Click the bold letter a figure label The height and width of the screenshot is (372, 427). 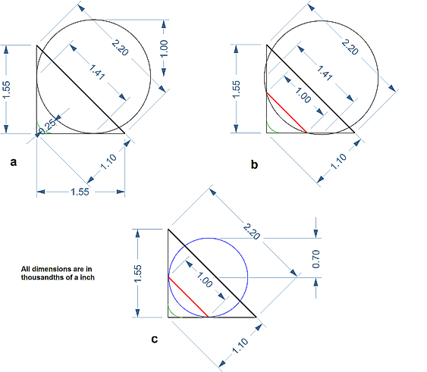point(14,162)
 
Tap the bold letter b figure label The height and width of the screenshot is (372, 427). point(254,164)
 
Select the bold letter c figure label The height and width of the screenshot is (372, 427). point(155,339)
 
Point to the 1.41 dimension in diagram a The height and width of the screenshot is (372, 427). point(97,72)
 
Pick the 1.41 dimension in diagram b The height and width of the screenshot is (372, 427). point(325,73)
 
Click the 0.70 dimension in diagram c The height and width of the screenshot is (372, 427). point(316,259)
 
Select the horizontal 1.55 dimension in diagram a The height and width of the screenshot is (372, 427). point(80,192)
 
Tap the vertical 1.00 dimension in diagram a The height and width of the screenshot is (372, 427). point(164,48)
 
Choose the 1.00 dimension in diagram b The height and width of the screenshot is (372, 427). point(303,95)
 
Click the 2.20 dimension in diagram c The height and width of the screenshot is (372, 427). point(251,232)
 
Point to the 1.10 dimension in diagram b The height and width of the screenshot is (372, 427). point(338,161)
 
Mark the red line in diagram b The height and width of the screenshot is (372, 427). point(287,113)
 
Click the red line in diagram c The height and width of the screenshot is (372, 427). point(188,297)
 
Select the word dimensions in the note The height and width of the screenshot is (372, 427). point(46,269)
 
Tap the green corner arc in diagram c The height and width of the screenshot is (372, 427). point(172,313)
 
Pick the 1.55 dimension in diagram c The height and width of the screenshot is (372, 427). point(138,274)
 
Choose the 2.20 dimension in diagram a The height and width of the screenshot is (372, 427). point(120,48)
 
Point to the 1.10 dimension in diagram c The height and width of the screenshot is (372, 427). point(240,346)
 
